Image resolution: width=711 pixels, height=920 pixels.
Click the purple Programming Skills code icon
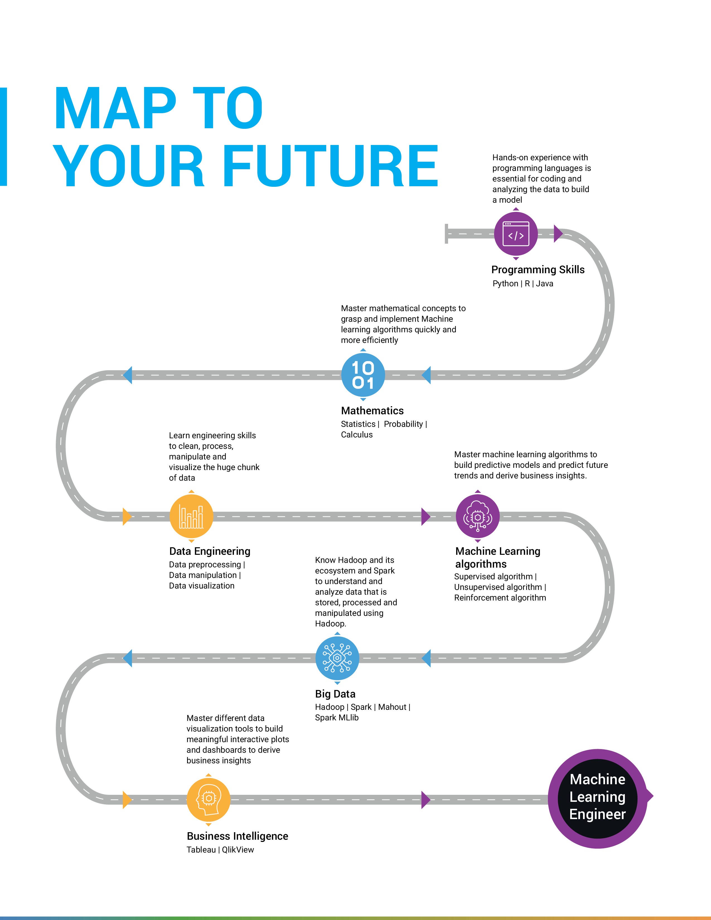tap(516, 234)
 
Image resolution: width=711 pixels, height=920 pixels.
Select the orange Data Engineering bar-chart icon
tap(191, 516)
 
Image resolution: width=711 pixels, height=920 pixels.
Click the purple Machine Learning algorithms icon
tap(477, 516)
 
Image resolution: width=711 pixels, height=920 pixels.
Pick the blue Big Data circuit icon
tap(337, 658)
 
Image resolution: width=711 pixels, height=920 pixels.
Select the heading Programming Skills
tap(538, 270)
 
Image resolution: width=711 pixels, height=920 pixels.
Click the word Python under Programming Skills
tap(505, 284)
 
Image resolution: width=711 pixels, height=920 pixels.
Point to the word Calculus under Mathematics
tap(357, 435)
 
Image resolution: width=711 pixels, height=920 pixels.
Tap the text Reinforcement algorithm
tap(500, 597)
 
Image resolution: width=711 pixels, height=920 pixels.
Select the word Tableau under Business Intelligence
tap(201, 850)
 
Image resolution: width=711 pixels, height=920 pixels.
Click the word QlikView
tap(238, 850)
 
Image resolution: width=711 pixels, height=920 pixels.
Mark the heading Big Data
tap(335, 694)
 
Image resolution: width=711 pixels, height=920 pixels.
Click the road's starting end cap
tap(446, 234)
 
